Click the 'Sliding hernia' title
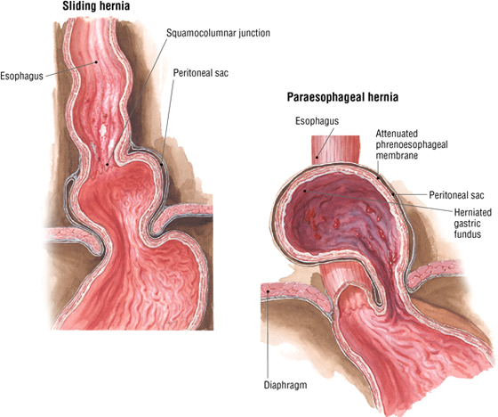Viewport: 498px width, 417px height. pyautogui.click(x=96, y=6)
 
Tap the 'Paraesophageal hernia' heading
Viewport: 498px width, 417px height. pyautogui.click(x=342, y=97)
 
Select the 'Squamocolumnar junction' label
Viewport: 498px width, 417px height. pyautogui.click(x=218, y=33)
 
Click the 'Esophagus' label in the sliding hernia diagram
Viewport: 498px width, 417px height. pyautogui.click(x=21, y=77)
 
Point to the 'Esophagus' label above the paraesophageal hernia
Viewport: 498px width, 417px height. pyautogui.click(x=317, y=121)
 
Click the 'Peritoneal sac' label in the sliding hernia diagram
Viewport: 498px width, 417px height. pyautogui.click(x=201, y=73)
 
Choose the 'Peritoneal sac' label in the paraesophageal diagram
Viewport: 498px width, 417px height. pyautogui.click(x=456, y=195)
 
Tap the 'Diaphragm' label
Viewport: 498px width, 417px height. pyautogui.click(x=285, y=385)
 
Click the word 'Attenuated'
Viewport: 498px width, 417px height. pyautogui.click(x=397, y=134)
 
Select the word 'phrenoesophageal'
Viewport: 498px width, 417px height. pyautogui.click(x=412, y=144)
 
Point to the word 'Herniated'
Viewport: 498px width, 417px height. pyautogui.click(x=472, y=212)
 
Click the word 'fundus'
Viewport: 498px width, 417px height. pyautogui.click(x=467, y=234)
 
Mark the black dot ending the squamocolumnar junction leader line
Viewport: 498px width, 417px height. pyautogui.click(x=108, y=165)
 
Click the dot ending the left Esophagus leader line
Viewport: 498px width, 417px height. pyautogui.click(x=96, y=62)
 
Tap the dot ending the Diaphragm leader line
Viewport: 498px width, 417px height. pyautogui.click(x=268, y=291)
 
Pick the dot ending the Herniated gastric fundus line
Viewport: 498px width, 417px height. pyautogui.click(x=304, y=191)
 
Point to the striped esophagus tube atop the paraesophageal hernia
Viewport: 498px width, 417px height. pyautogui.click(x=335, y=150)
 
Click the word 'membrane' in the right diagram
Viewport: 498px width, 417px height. pyautogui.click(x=397, y=156)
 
